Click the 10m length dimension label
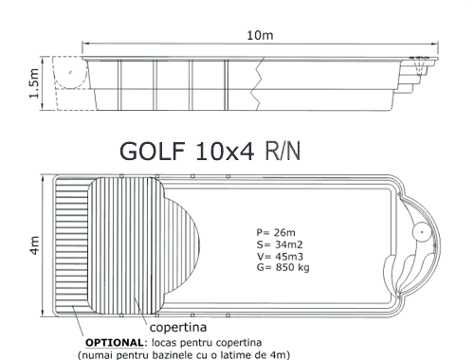coord(260,35)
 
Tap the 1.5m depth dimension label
coord(34,83)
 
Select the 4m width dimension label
coord(34,245)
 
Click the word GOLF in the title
coord(153,151)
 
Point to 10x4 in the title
coord(225,151)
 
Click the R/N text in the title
coord(283,151)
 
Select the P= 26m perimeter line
coord(276,233)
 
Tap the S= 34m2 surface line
coord(280,244)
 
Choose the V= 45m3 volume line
coord(280,256)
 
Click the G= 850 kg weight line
coord(283,267)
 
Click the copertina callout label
coord(178,328)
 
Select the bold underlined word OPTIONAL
coord(115,343)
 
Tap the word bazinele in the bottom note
coord(179,354)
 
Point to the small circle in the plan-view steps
coord(422,232)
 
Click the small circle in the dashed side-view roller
coord(70,72)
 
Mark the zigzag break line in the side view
coord(257,83)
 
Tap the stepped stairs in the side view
coord(417,76)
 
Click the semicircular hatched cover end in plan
coord(183,245)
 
